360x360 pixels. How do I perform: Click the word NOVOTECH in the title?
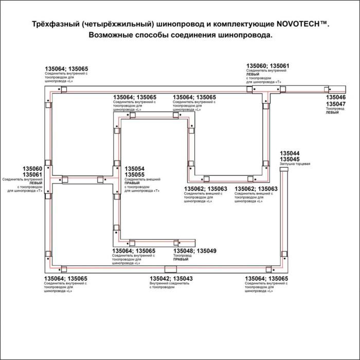click(307, 24)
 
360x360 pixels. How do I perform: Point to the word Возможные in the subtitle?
click(117, 35)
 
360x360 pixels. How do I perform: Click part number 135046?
click(336, 97)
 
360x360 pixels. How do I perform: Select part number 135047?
click(336, 103)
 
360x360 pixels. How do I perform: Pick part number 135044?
click(290, 153)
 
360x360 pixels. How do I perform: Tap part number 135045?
click(290, 159)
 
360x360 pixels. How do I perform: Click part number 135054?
click(134, 169)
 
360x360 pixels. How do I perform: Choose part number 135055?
click(134, 175)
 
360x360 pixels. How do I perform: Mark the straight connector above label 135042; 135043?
click(169, 269)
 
